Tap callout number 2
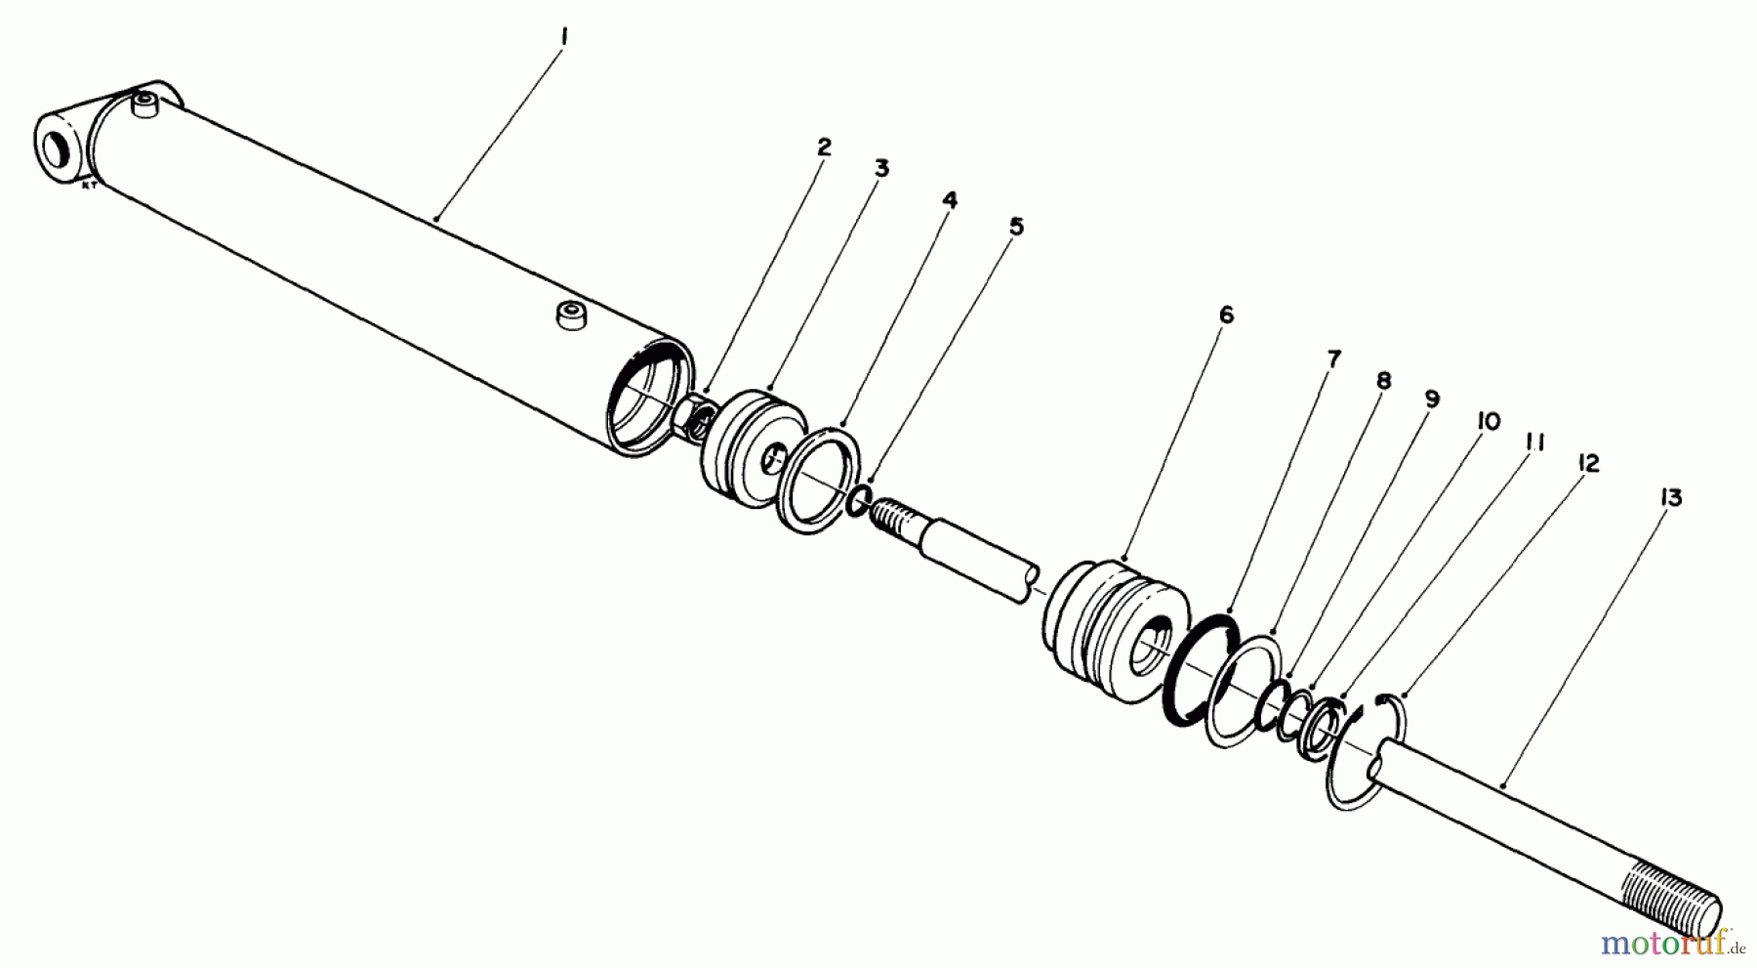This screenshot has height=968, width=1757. click(x=824, y=147)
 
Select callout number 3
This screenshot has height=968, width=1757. click(x=880, y=169)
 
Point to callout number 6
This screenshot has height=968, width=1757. click(x=1225, y=315)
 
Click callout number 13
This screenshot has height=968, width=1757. click(x=1670, y=498)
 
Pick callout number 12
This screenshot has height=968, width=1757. click(x=1588, y=464)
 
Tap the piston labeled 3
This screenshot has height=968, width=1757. click(x=752, y=447)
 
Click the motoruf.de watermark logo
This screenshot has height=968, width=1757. click(x=1669, y=943)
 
